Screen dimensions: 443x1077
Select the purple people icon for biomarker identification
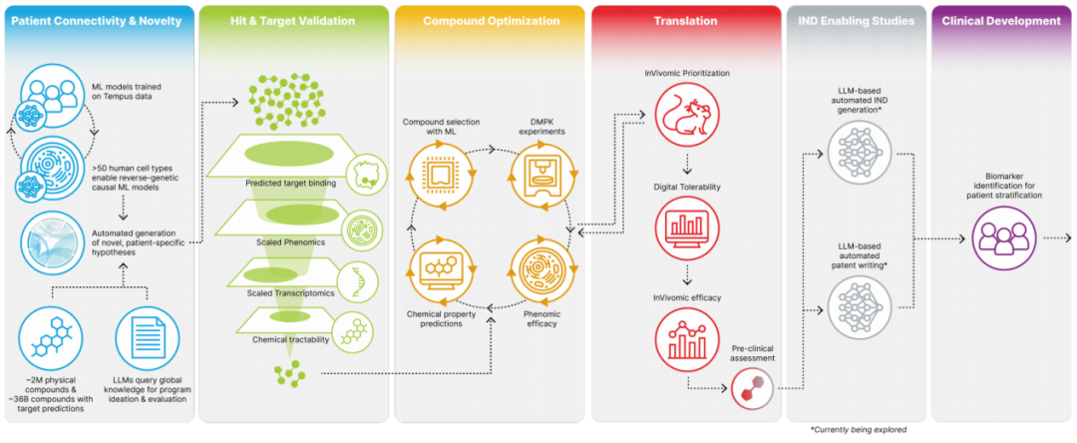tap(1000, 238)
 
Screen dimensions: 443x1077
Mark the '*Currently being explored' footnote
tap(859, 430)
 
